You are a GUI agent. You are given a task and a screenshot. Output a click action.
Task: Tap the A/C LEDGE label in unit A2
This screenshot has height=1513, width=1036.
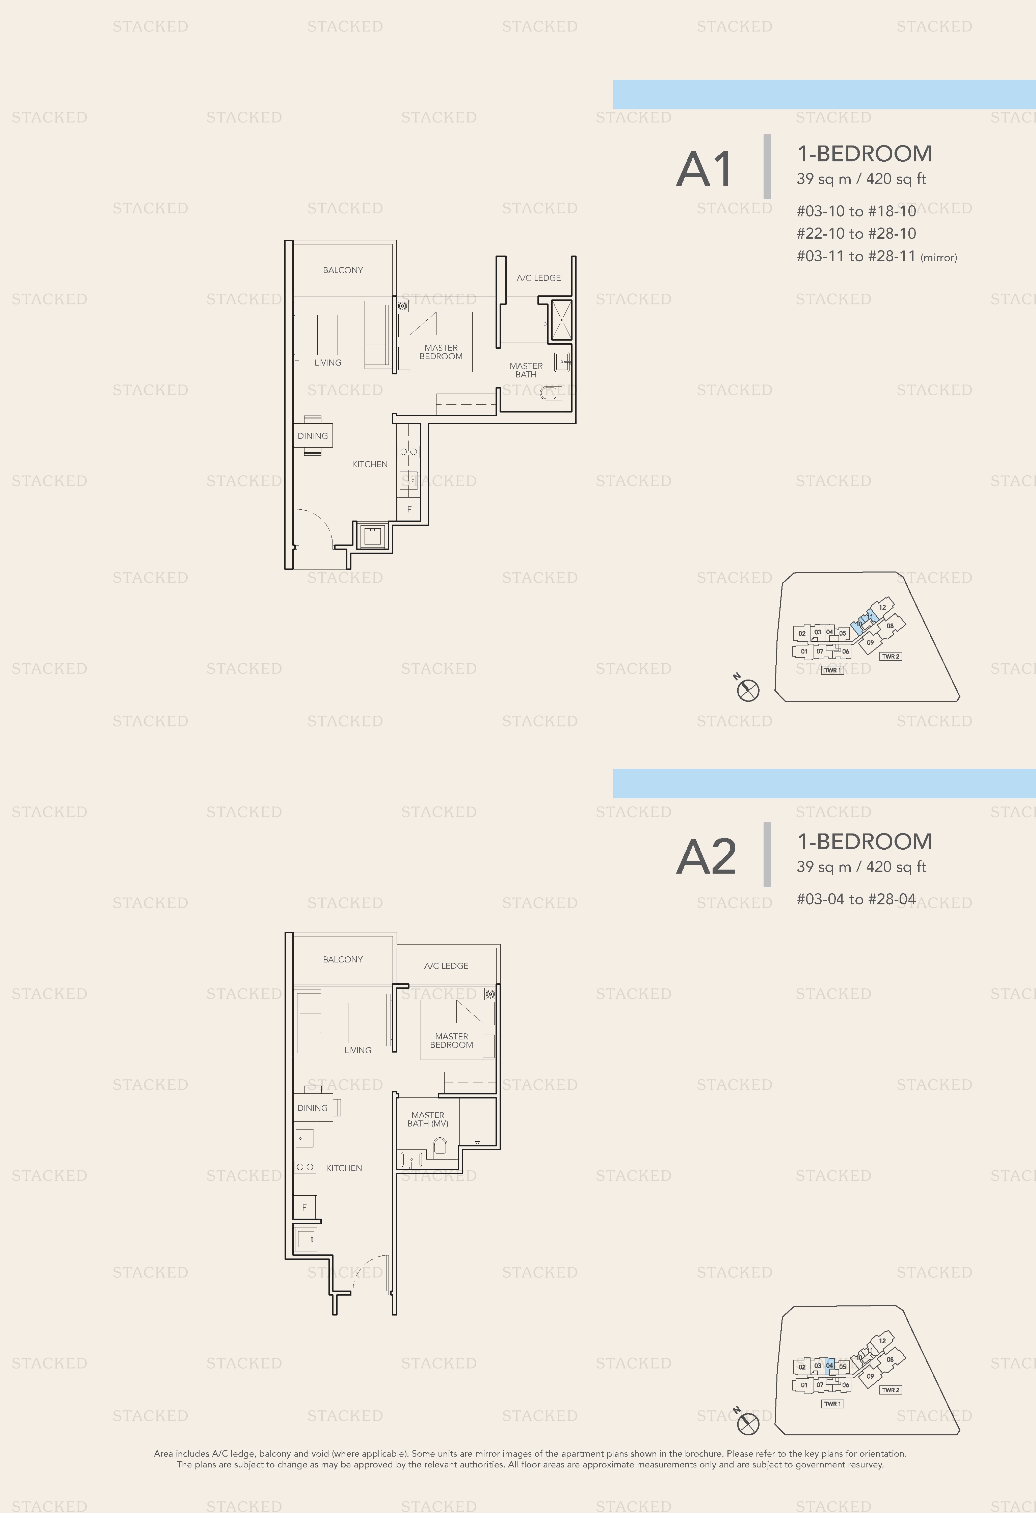[446, 965]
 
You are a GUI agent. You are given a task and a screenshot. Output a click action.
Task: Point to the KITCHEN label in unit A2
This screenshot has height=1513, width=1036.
[344, 1168]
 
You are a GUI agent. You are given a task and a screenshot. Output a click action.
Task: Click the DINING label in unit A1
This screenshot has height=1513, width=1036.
[313, 435]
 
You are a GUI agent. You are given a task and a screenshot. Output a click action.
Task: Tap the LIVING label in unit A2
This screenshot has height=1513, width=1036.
[357, 1050]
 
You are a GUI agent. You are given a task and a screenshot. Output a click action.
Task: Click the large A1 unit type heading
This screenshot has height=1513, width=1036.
[705, 169]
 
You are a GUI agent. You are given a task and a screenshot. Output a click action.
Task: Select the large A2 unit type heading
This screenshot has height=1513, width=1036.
[707, 857]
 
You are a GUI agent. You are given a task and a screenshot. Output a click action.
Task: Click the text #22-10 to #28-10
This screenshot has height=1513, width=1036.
[856, 233]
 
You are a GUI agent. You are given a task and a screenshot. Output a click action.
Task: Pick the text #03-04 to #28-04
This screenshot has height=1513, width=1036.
[856, 899]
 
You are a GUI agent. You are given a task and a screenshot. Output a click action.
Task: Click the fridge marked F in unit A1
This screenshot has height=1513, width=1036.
[409, 509]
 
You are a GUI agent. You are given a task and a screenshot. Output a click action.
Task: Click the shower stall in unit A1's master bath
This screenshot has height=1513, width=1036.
[561, 320]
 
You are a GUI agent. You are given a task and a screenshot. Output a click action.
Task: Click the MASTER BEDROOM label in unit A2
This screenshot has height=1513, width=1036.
[451, 1040]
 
